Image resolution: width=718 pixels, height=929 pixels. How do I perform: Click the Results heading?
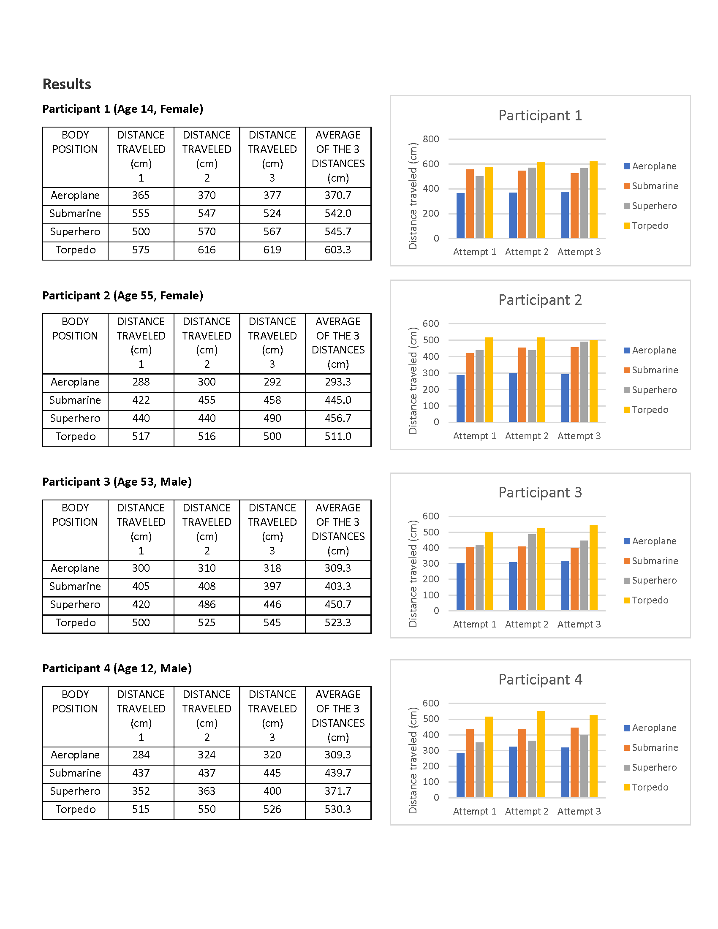(x=67, y=84)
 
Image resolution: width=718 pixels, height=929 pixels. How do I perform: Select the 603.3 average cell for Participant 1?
(x=338, y=250)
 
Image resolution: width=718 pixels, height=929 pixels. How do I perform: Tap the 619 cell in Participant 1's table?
(x=272, y=250)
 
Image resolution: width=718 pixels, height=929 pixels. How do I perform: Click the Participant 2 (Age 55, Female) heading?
(x=122, y=296)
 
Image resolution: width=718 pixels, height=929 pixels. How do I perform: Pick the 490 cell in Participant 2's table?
(x=272, y=418)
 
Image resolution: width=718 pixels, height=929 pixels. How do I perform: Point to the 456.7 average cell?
(x=338, y=418)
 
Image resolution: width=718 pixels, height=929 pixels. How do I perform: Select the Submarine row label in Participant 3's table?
(x=75, y=586)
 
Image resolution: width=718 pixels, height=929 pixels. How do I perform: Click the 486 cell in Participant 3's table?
(x=207, y=604)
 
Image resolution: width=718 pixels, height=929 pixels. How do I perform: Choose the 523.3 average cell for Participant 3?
(x=338, y=623)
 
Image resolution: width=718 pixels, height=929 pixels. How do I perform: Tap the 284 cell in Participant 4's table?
(x=141, y=755)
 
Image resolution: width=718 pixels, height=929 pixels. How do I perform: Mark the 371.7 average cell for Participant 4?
(x=338, y=791)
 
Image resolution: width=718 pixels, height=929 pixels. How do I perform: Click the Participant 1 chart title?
(x=540, y=115)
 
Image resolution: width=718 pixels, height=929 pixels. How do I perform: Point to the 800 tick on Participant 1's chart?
(x=431, y=139)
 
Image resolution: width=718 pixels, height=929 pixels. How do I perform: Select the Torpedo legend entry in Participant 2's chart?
(x=646, y=410)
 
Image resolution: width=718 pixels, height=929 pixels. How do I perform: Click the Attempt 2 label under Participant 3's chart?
(x=527, y=624)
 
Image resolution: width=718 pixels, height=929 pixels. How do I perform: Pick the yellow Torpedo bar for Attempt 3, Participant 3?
(x=593, y=568)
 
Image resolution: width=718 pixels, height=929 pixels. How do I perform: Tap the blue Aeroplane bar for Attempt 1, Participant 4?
(x=461, y=775)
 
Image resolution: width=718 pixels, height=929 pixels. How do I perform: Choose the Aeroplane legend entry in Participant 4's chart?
(x=650, y=728)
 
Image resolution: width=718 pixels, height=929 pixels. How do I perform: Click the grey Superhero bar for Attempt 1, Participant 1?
(x=479, y=207)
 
